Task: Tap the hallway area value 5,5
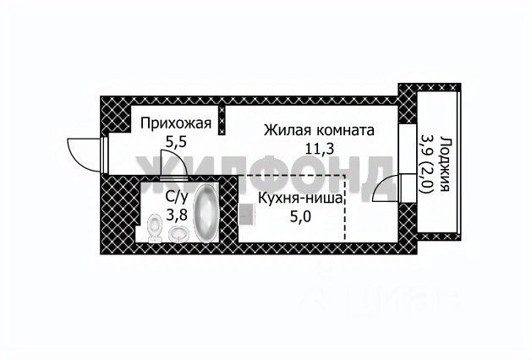pyautogui.click(x=175, y=144)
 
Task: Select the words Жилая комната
pyautogui.click(x=318, y=131)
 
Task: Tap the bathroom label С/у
pyautogui.click(x=176, y=196)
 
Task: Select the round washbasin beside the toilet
pyautogui.click(x=178, y=232)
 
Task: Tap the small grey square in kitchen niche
pyautogui.click(x=244, y=215)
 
